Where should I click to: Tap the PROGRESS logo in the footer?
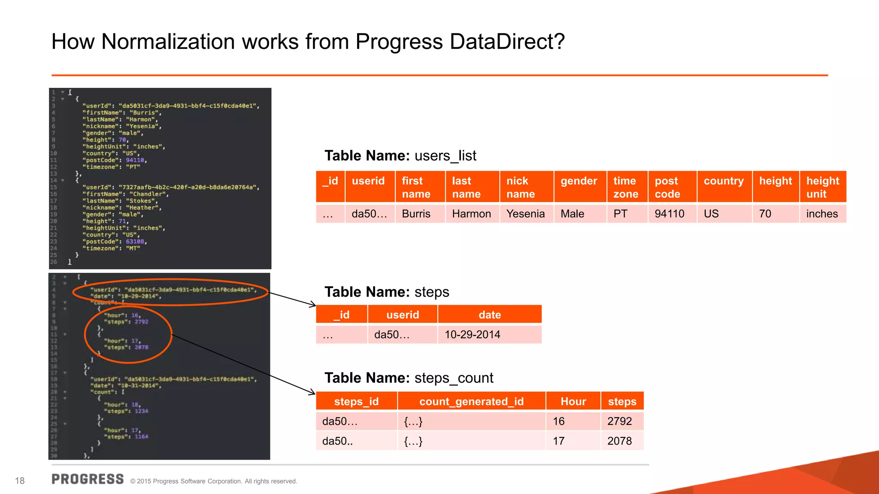[88, 479]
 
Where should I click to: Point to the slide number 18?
[20, 481]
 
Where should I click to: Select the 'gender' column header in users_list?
[579, 181]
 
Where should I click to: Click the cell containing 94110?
[669, 214]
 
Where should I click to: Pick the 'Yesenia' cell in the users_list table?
[525, 214]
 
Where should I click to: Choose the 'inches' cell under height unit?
[821, 214]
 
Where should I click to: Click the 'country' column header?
[724, 181]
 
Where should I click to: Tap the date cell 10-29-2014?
[472, 334]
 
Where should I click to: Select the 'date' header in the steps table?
[490, 315]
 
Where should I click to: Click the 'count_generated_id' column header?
[471, 401]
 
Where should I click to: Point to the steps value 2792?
[619, 421]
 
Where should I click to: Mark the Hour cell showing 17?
[558, 441]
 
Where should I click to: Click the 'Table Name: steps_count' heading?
[409, 378]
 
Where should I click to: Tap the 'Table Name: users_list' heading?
[400, 156]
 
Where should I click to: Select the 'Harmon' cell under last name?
[471, 214]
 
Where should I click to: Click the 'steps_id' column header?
[356, 401]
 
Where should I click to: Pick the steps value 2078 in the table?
[619, 441]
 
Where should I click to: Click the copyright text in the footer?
[213, 481]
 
